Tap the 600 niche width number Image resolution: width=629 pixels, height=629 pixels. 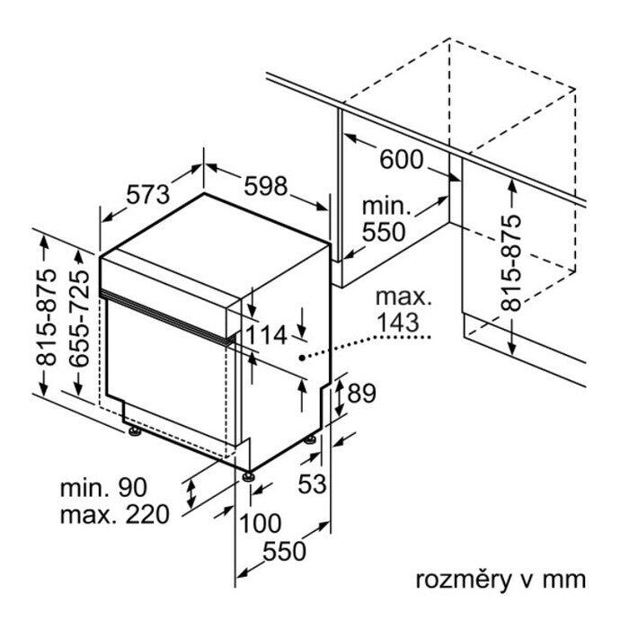pyautogui.click(x=400, y=159)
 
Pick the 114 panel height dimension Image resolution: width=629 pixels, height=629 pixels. pyautogui.click(x=266, y=335)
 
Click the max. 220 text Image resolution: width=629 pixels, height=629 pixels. pyautogui.click(x=114, y=515)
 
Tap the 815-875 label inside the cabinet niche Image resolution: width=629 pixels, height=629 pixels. pyautogui.click(x=511, y=262)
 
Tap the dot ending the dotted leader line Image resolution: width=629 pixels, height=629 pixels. pyautogui.click(x=301, y=359)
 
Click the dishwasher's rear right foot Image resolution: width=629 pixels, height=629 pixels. pyautogui.click(x=311, y=439)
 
